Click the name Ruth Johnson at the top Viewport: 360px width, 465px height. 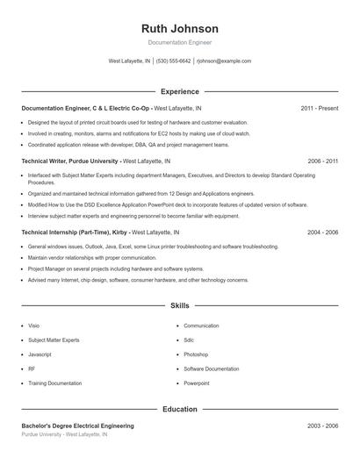[180, 28]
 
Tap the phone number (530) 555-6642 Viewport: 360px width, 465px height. [174, 61]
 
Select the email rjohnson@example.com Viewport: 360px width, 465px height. [224, 61]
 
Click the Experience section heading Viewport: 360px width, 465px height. [180, 91]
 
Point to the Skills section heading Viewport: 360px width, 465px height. [180, 305]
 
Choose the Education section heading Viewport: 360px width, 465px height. [180, 409]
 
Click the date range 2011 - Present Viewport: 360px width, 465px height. [319, 108]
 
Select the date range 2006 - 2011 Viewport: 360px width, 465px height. [322, 161]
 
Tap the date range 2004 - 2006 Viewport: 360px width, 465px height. [322, 232]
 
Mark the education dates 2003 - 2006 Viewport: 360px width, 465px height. [322, 426]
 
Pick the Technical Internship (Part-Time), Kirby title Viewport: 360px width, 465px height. [74, 232]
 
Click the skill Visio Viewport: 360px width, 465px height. [33, 325]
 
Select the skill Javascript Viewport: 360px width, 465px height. [40, 354]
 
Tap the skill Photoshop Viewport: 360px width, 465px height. [196, 354]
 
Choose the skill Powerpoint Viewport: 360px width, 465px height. [197, 383]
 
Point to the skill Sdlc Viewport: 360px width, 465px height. [189, 340]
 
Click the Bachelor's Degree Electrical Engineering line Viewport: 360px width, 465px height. [77, 426]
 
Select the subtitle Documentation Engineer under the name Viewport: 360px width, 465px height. [180, 42]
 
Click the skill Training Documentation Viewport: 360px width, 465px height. [54, 383]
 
